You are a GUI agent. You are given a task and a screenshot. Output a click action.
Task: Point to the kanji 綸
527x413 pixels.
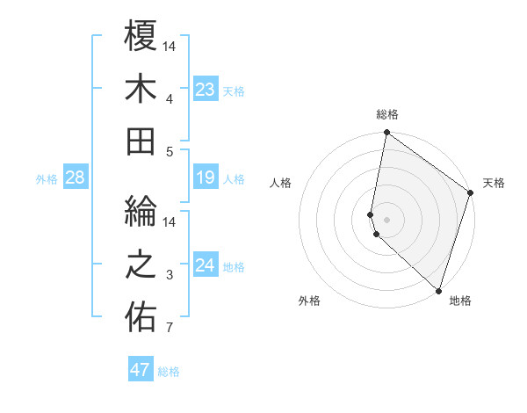141,212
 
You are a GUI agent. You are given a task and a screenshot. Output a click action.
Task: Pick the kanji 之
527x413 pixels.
141,265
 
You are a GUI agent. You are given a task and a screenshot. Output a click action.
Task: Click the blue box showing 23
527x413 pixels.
206,90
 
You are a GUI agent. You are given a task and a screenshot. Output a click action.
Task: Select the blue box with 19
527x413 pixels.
206,178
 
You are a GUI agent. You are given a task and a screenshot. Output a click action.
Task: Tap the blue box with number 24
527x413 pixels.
206,266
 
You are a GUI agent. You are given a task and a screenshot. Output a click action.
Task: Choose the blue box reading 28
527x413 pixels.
76,178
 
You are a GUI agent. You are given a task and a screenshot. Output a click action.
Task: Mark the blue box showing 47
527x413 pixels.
141,370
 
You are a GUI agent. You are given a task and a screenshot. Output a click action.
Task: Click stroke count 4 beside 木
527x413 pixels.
170,98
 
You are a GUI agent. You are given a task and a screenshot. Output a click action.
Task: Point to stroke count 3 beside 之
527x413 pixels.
170,276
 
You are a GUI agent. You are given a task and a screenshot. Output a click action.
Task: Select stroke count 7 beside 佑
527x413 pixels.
170,329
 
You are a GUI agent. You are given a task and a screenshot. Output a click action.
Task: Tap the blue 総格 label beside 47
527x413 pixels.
169,372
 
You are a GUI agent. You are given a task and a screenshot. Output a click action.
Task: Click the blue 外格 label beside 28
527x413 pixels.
47,179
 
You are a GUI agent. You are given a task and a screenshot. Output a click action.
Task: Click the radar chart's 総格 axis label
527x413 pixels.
387,114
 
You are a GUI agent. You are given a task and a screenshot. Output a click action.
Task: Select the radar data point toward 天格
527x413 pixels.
471,193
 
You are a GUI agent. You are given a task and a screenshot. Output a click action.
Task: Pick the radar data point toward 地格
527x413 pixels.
438,291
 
